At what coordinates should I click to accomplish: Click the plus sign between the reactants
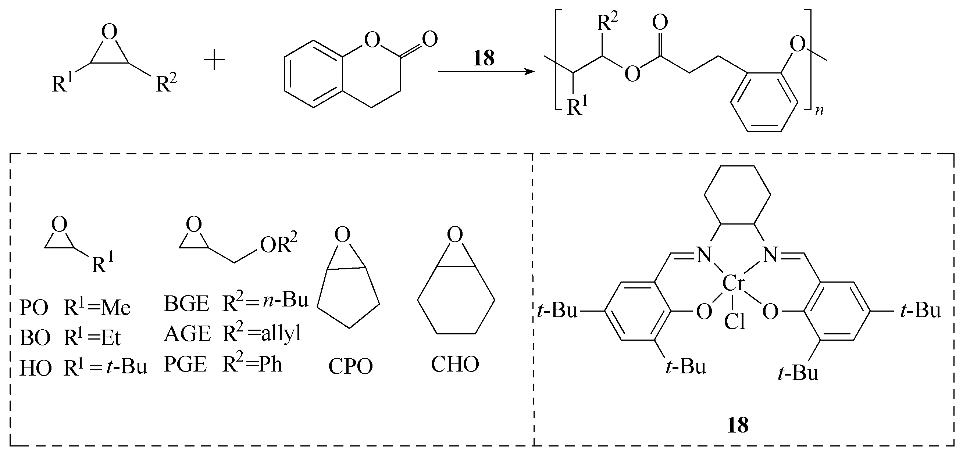[x=214, y=61]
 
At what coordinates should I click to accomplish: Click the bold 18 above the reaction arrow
[x=484, y=58]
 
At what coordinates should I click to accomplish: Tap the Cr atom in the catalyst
[x=734, y=283]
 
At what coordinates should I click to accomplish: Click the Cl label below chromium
[x=735, y=322]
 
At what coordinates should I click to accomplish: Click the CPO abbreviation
[x=350, y=366]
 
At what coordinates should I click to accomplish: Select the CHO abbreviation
[x=454, y=364]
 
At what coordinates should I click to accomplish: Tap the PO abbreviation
[x=34, y=308]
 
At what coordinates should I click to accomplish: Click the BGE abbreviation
[x=186, y=303]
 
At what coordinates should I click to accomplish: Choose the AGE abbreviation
[x=187, y=334]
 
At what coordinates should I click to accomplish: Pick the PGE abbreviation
[x=185, y=364]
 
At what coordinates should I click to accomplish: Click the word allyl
[x=281, y=333]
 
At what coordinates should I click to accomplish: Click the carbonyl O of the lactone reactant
[x=429, y=39]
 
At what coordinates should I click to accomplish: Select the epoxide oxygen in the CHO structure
[x=454, y=235]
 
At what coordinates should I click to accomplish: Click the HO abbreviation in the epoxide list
[x=36, y=368]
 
